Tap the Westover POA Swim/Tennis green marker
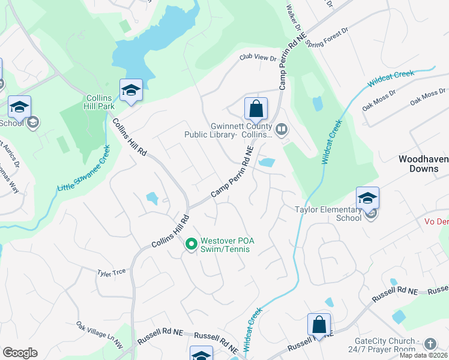(x=191, y=244)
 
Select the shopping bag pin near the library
(x=256, y=110)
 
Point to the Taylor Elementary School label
(x=328, y=214)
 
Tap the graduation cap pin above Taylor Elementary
(x=367, y=198)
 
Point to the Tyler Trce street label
(x=112, y=272)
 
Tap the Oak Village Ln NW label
(x=99, y=329)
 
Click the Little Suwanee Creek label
(x=84, y=170)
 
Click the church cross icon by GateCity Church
(x=430, y=344)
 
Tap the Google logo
(x=20, y=353)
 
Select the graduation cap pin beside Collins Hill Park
(x=131, y=91)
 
